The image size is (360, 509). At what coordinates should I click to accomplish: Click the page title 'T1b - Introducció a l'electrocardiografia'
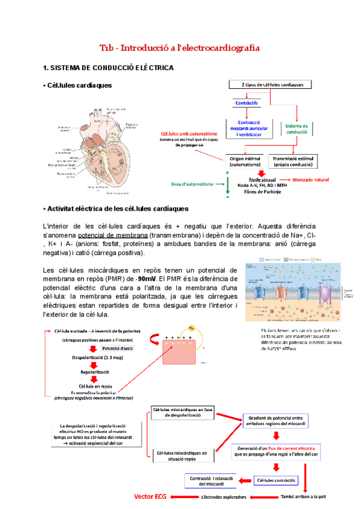tap(179, 47)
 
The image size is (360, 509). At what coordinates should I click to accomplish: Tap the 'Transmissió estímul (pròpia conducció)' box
tap(296, 161)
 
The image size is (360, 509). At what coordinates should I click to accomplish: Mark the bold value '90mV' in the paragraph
tap(148, 279)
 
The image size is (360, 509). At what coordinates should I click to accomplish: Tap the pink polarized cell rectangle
tap(177, 361)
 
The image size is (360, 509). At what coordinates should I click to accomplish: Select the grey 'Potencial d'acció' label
tap(118, 348)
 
